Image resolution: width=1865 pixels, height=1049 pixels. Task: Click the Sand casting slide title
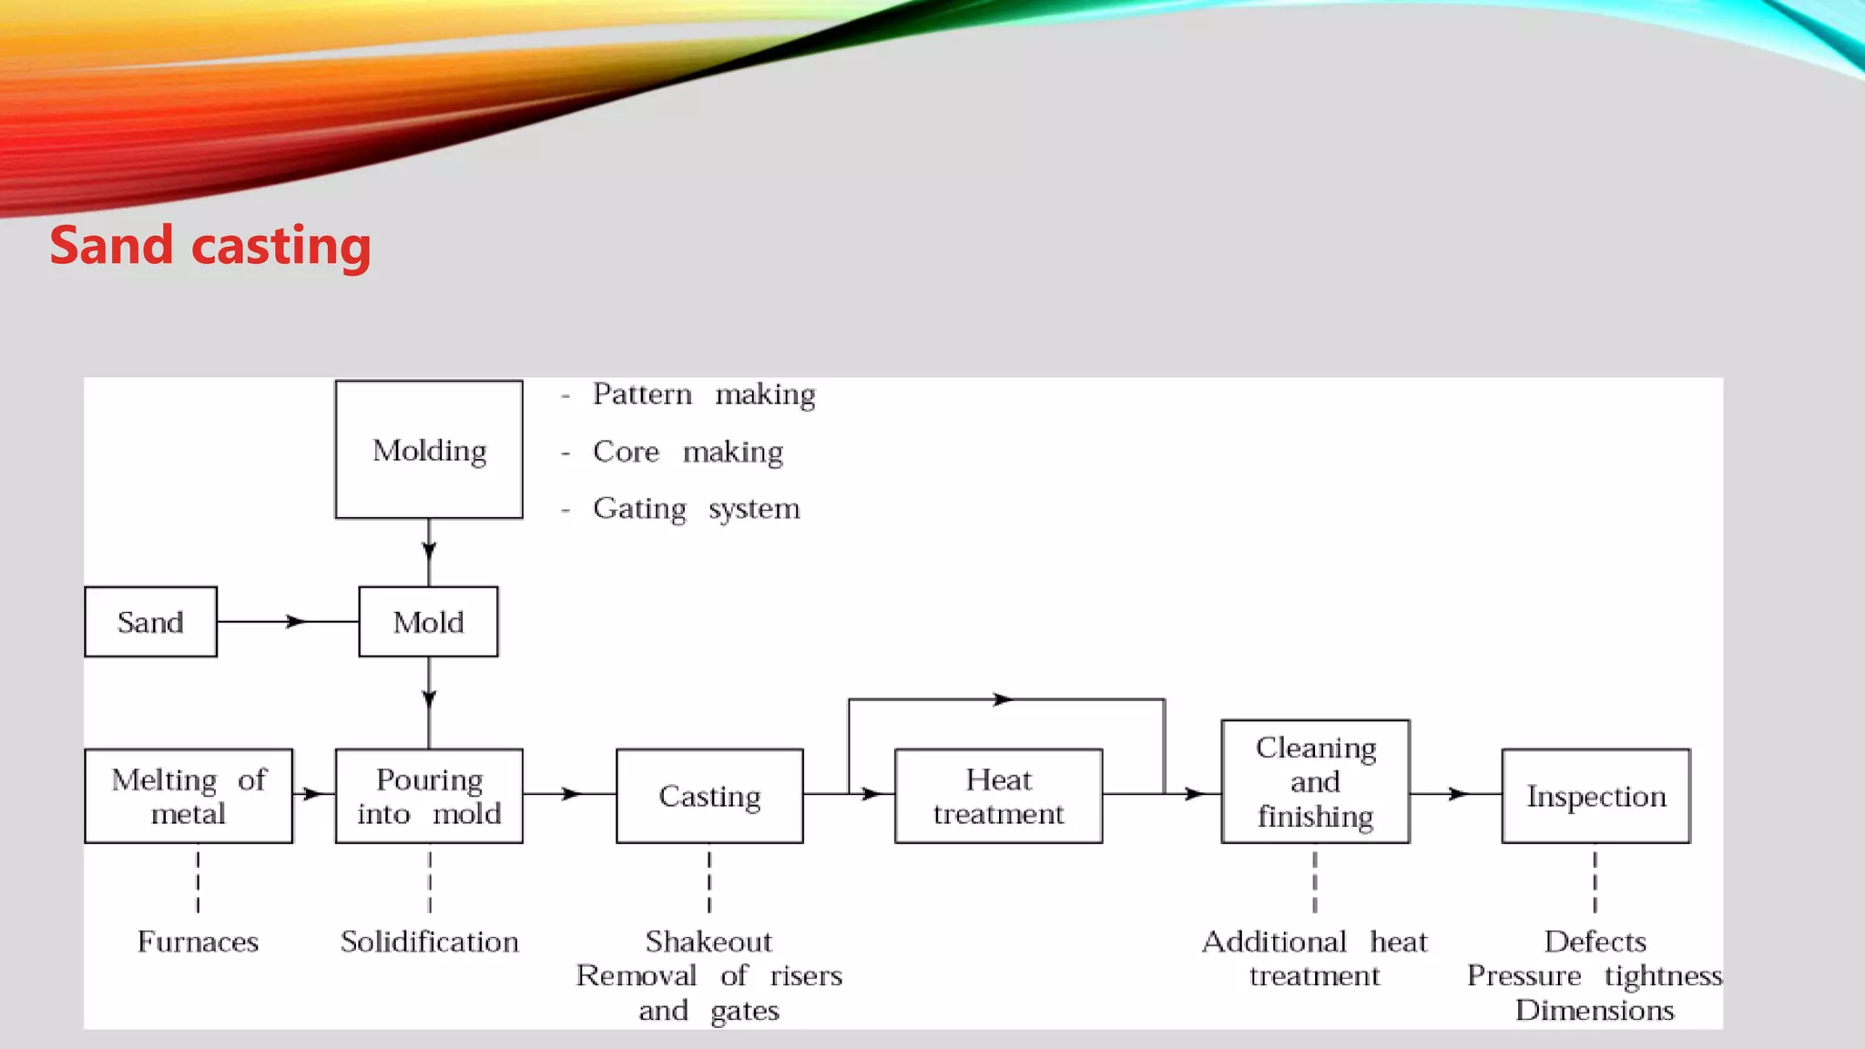pos(210,246)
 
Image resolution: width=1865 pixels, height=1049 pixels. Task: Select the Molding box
pos(429,450)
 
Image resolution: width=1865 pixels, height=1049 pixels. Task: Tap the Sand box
pos(150,622)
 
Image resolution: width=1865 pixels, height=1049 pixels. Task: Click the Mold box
pos(428,622)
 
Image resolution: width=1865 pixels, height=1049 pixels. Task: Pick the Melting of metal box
pos(189,796)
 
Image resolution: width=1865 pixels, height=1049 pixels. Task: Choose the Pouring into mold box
pos(429,796)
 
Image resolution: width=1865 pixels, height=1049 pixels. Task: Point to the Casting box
pos(709,796)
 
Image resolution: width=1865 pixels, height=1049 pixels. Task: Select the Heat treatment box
pos(998,796)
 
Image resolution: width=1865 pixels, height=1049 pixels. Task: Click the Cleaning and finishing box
pos(1315,781)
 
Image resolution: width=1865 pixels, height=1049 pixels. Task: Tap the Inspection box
pos(1595,796)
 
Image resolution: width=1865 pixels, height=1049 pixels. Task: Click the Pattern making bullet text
pos(703,394)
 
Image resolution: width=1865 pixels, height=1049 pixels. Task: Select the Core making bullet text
pos(688,452)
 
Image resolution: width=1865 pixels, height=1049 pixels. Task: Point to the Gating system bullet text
pos(696,508)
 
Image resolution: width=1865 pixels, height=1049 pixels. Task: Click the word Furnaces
pos(198,942)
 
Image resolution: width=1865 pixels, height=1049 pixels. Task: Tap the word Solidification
pos(429,942)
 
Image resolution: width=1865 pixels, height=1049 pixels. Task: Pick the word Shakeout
pos(708,942)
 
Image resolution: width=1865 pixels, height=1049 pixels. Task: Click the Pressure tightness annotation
pos(1594,976)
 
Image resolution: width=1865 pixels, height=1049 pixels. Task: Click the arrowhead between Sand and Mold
pos(295,622)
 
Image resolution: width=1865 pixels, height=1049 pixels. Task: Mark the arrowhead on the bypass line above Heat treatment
pos(1003,699)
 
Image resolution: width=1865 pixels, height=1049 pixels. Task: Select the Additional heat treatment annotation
pos(1314,958)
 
